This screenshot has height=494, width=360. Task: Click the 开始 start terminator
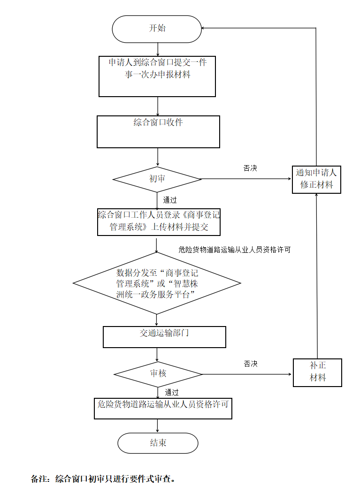click(x=157, y=28)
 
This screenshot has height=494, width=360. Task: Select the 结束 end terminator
click(x=158, y=443)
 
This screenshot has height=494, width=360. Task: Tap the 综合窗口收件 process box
click(x=158, y=132)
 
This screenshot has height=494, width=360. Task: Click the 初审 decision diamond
click(x=157, y=179)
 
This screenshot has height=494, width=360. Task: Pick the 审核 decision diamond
click(x=158, y=374)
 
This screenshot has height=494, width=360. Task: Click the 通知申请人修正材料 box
click(x=316, y=179)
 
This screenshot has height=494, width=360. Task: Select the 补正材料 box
click(x=317, y=372)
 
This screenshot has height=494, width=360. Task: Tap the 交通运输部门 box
click(x=164, y=337)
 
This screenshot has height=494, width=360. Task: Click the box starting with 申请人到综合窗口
click(x=157, y=76)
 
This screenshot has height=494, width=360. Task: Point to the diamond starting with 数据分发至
click(x=157, y=283)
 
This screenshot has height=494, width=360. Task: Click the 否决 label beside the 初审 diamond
click(x=250, y=168)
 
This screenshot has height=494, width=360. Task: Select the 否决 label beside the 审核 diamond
click(x=251, y=364)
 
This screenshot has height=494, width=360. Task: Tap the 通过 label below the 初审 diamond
click(x=170, y=200)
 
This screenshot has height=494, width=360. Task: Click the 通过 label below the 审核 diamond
click(x=171, y=392)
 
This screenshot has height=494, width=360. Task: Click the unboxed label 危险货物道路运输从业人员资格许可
click(x=235, y=250)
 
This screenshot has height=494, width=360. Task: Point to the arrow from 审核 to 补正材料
click(x=247, y=374)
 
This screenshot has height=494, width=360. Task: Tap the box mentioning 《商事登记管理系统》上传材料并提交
click(x=159, y=222)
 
